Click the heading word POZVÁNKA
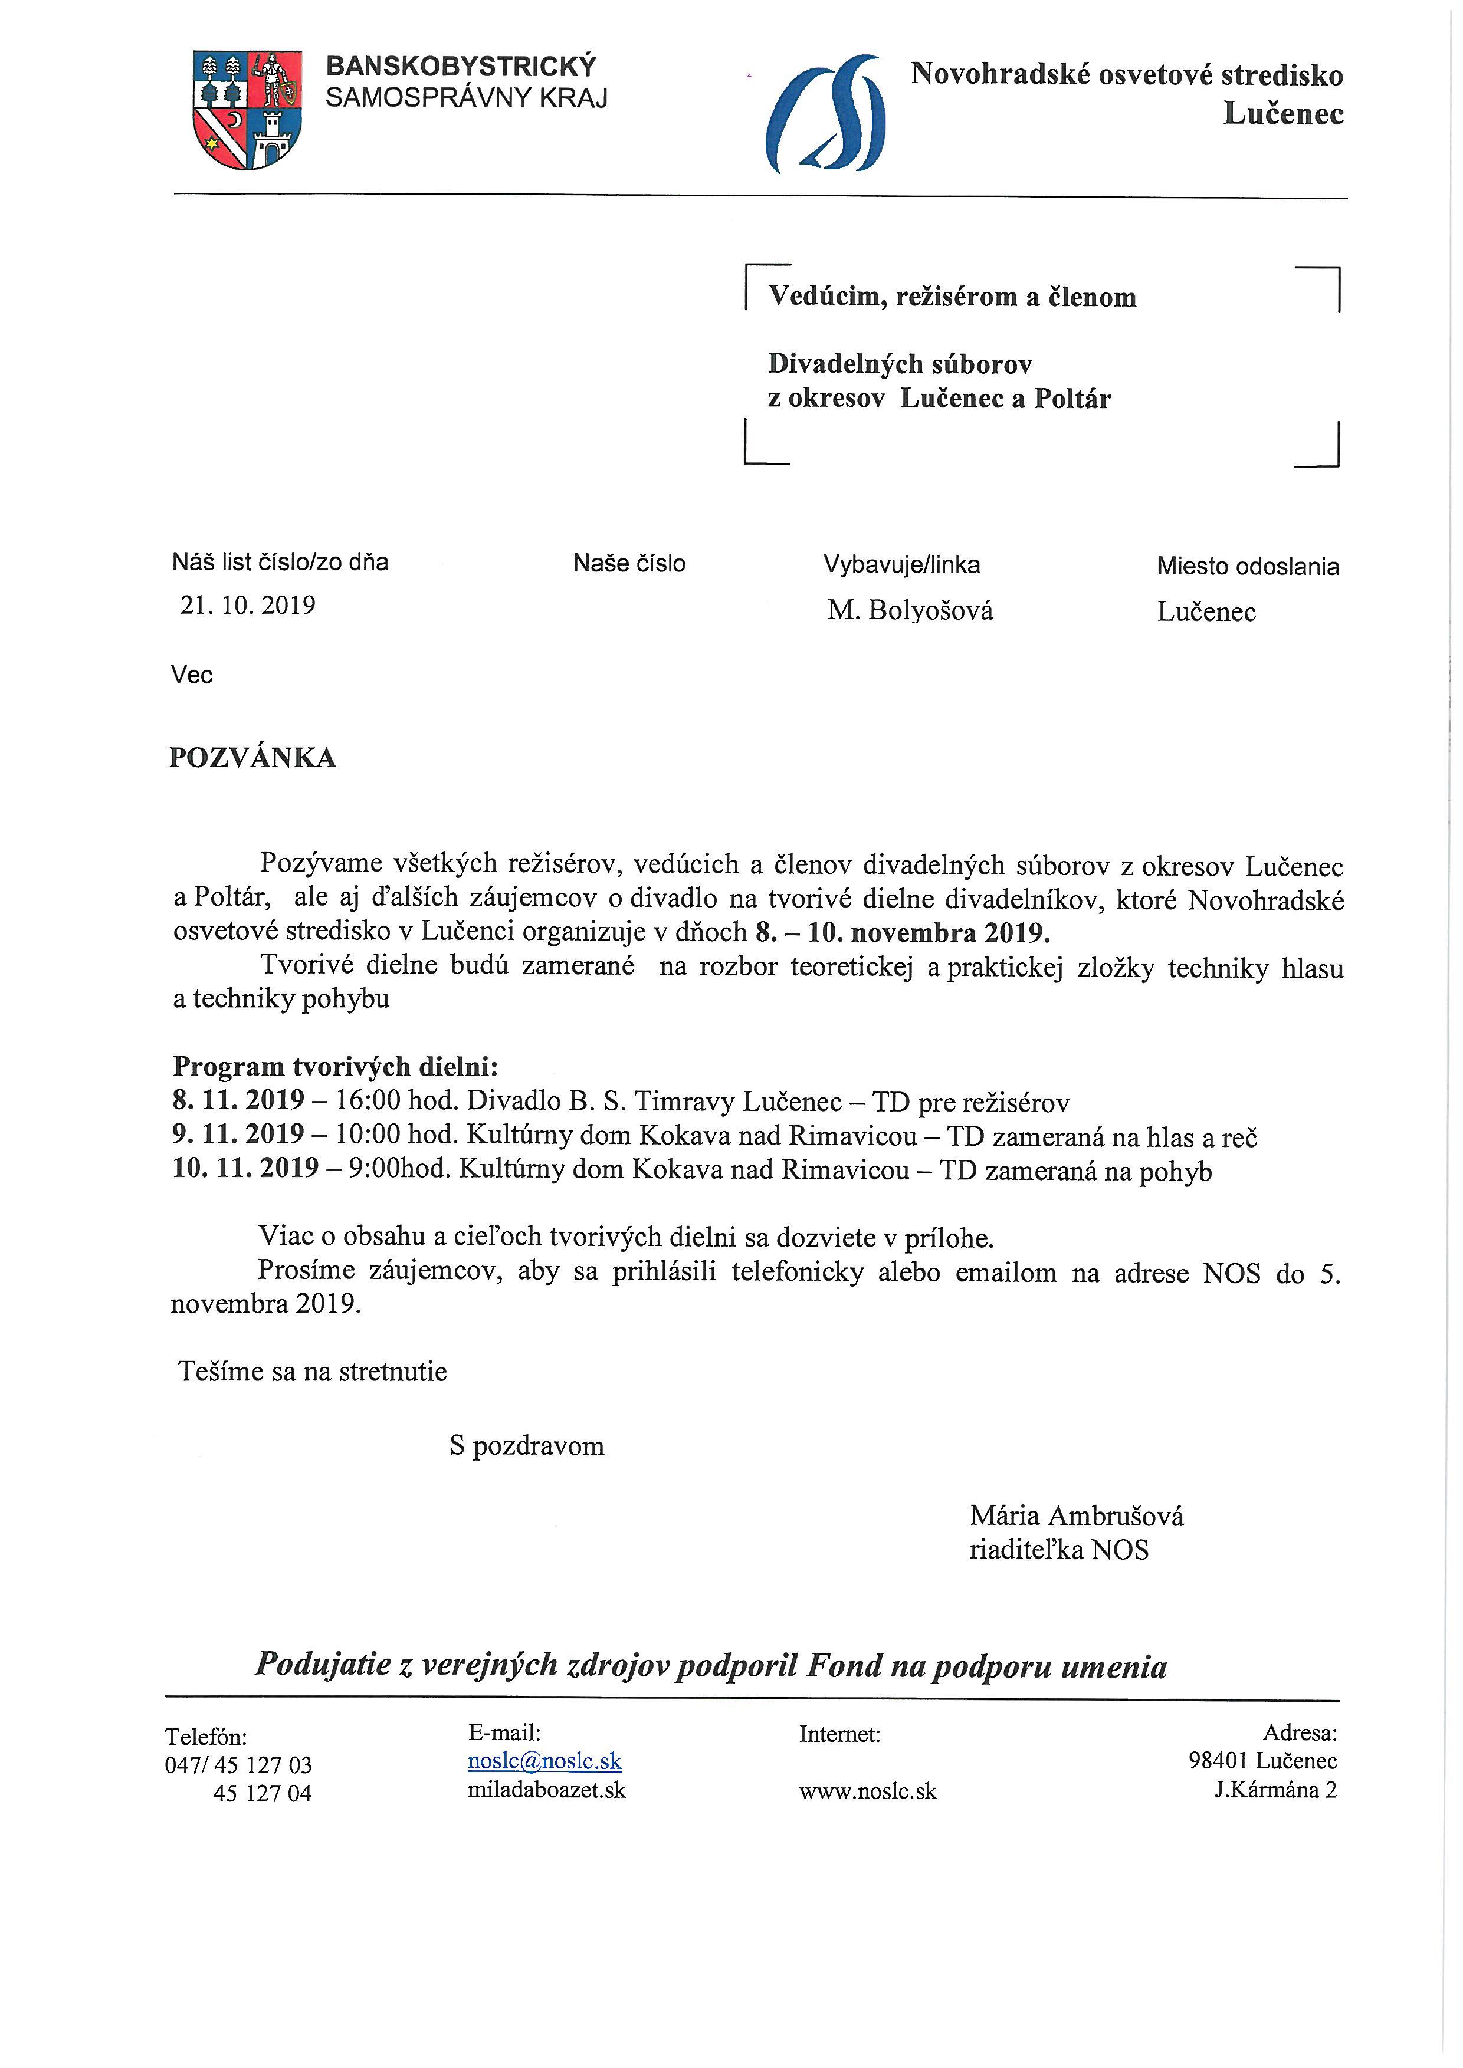click(x=252, y=758)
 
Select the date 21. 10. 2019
click(x=248, y=604)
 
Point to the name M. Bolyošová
click(x=910, y=611)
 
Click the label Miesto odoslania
click(x=1248, y=567)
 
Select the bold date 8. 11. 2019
click(x=239, y=1101)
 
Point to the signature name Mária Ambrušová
click(x=1077, y=1516)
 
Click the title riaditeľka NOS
click(x=1058, y=1550)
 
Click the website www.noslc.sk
click(x=868, y=1791)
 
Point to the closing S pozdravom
click(x=527, y=1446)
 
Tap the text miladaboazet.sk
click(x=546, y=1790)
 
